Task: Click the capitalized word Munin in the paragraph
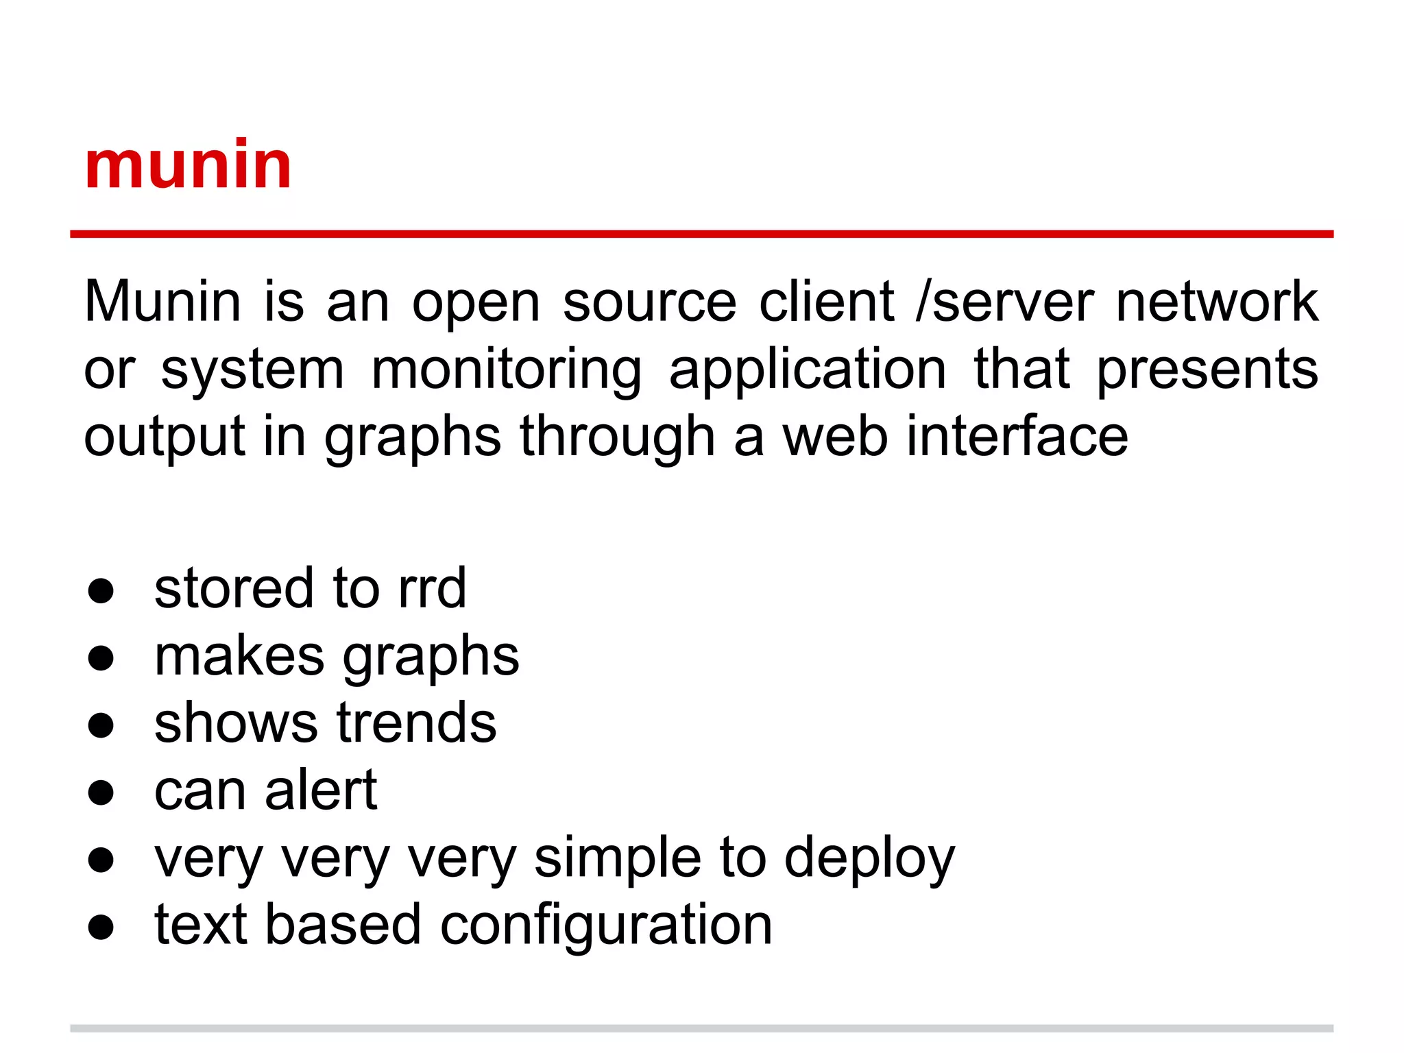click(x=162, y=302)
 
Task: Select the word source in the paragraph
click(x=649, y=302)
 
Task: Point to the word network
click(x=1216, y=302)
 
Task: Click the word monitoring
click(x=506, y=370)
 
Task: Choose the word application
click(x=808, y=370)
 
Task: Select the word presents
click(x=1207, y=370)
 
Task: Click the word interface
click(x=1017, y=436)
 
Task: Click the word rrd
click(x=432, y=588)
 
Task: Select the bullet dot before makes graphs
click(x=101, y=658)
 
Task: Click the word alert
click(x=321, y=790)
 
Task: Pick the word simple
click(x=617, y=858)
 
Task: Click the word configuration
click(x=606, y=925)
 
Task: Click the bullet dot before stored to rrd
click(x=101, y=591)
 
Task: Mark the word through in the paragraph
click(x=618, y=436)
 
